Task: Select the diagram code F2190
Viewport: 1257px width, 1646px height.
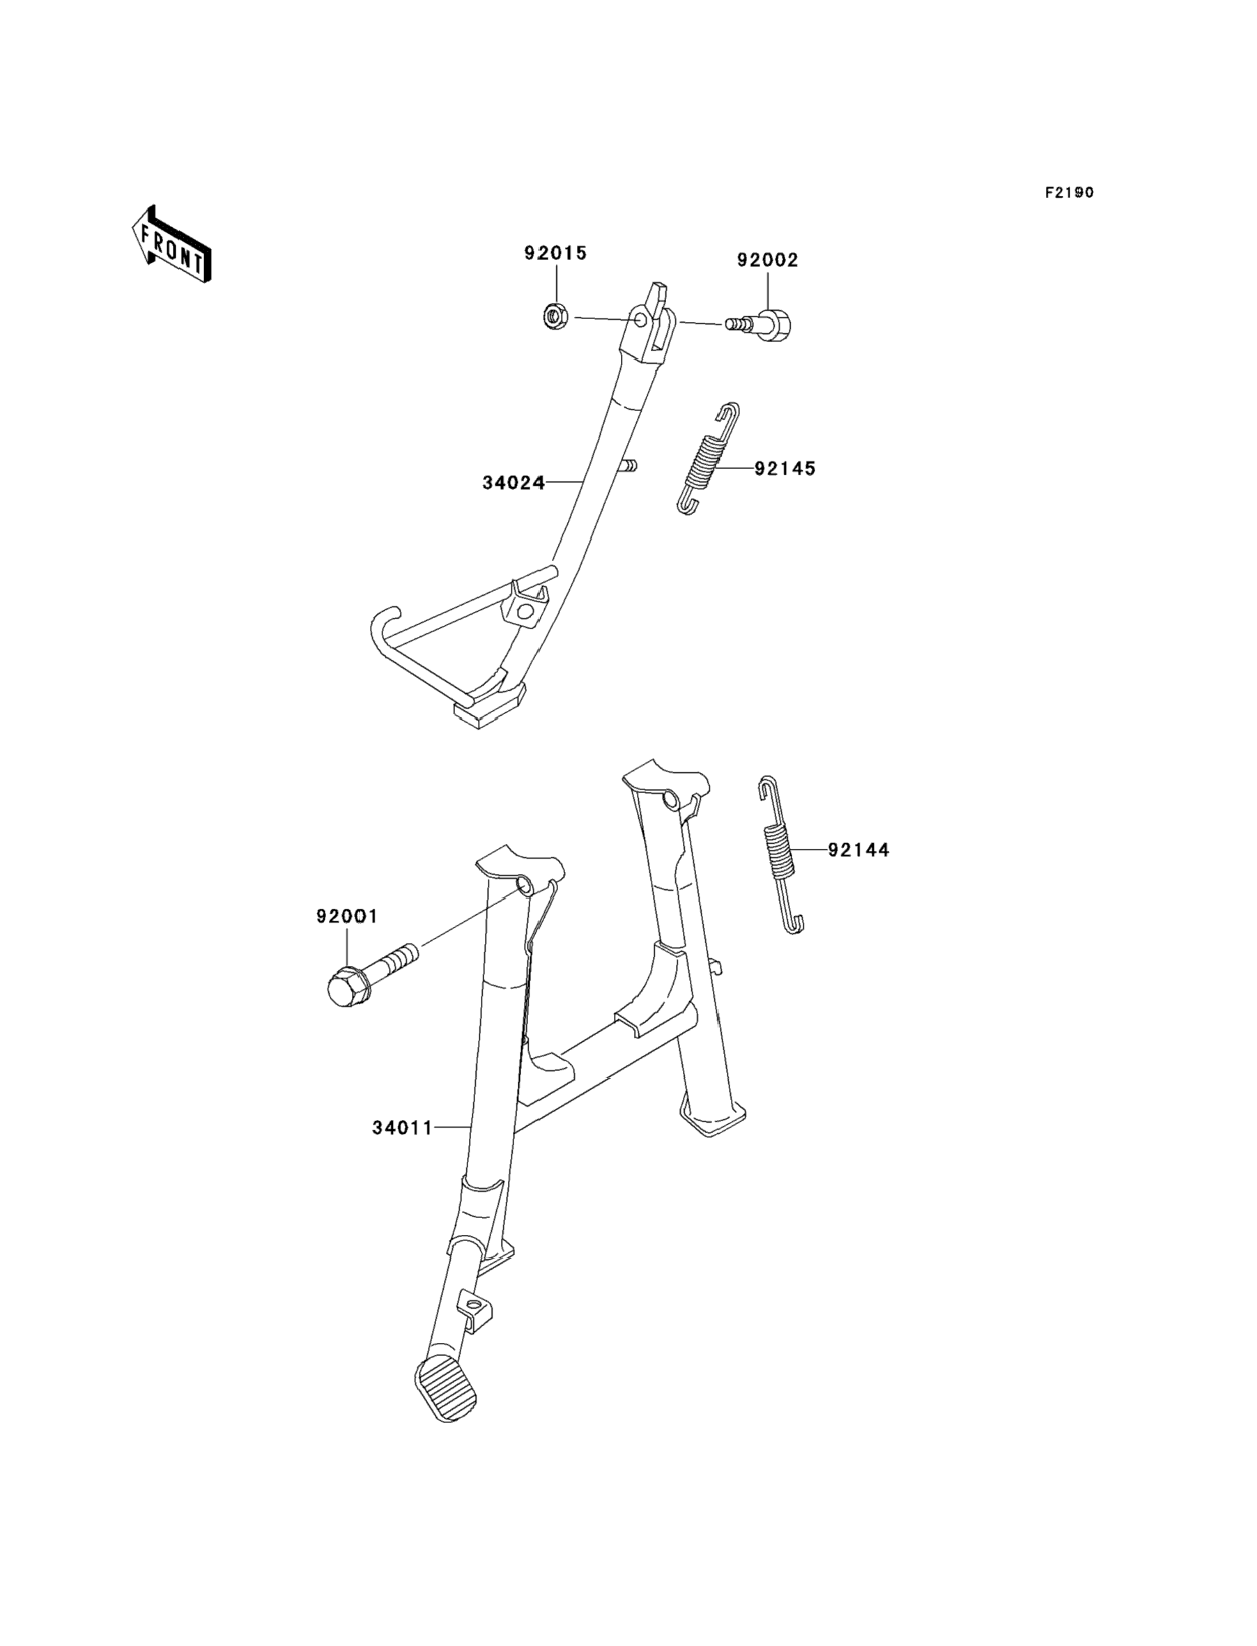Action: pos(1069,193)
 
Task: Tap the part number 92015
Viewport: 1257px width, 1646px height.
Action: pos(555,254)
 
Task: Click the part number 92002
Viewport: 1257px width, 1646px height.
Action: pos(768,261)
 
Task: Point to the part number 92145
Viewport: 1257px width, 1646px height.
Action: pos(785,469)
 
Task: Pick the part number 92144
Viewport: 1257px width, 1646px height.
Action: pos(858,850)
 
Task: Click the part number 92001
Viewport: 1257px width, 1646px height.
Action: pos(346,916)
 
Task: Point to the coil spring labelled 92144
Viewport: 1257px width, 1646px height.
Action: pos(780,853)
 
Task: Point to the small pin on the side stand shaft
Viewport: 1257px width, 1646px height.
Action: pos(628,466)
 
